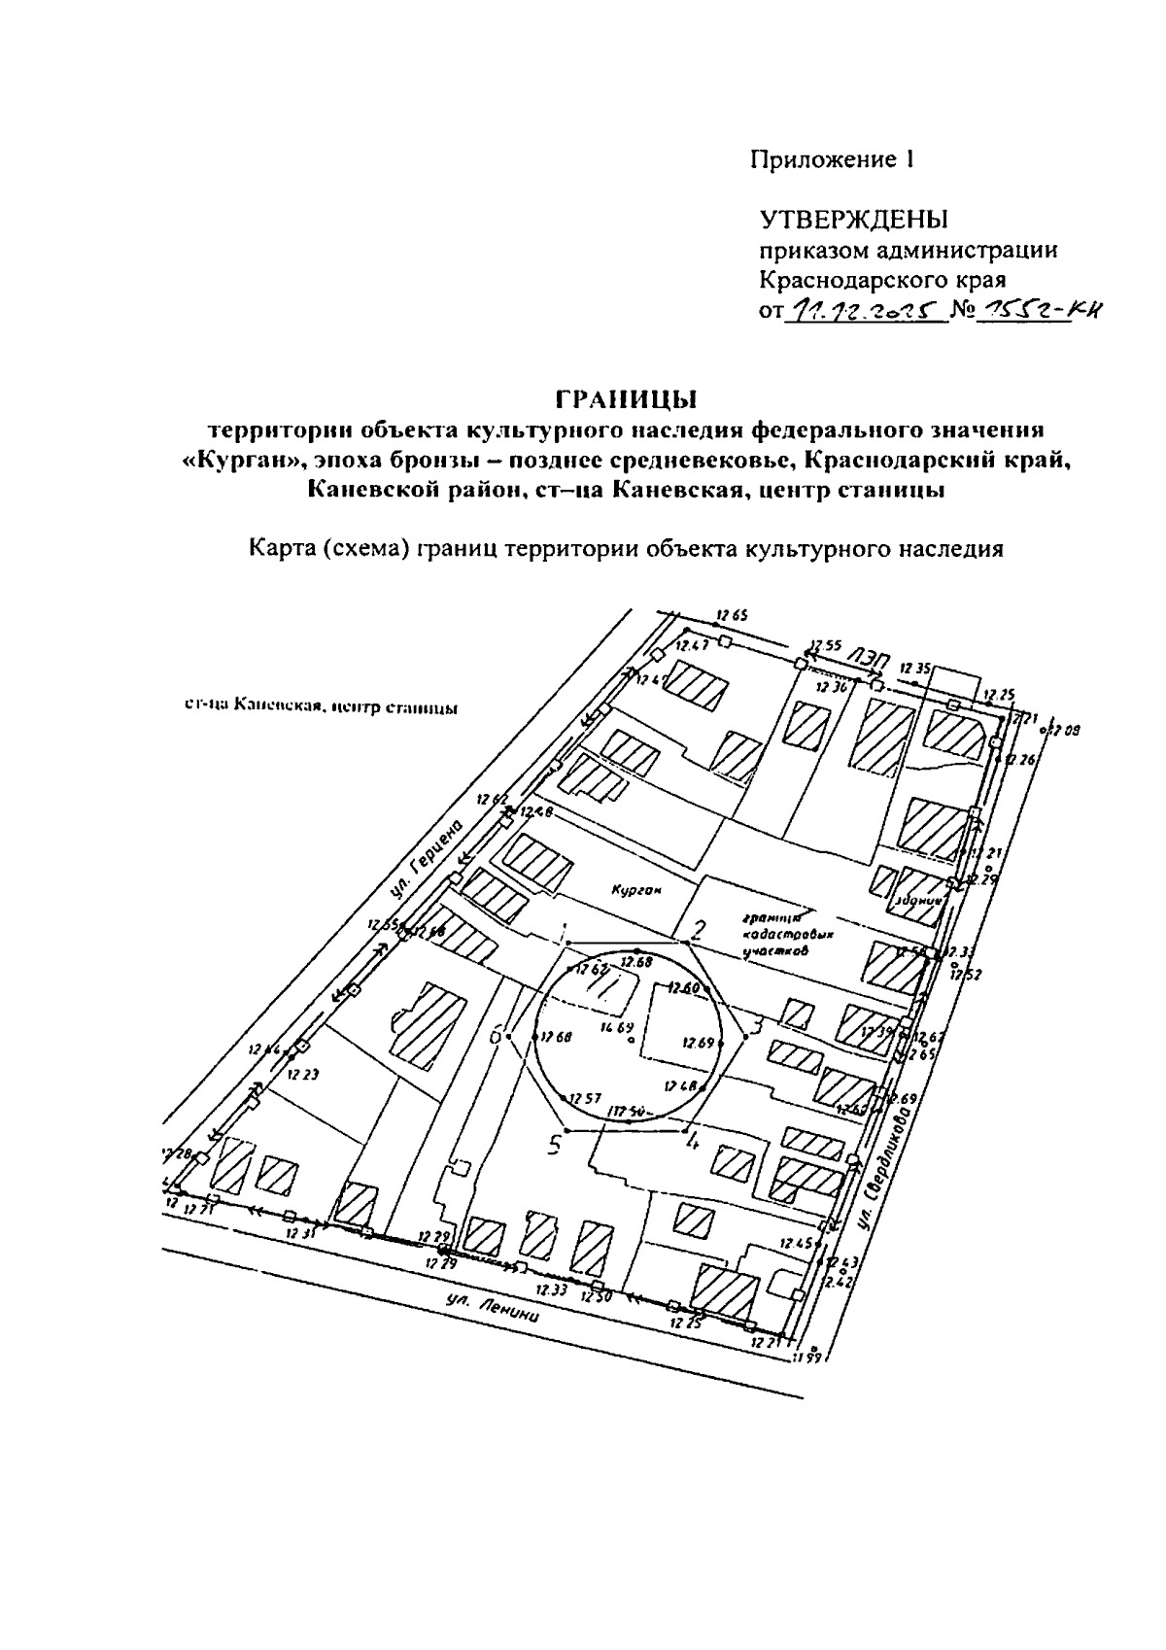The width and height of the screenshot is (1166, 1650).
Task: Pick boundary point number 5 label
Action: [554, 1146]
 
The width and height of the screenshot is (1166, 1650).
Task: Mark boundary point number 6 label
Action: [496, 1037]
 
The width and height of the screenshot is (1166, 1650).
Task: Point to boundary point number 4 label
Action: [693, 1142]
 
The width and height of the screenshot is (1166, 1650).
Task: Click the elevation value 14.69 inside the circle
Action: [617, 1026]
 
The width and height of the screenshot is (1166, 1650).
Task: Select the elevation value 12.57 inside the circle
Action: [585, 1098]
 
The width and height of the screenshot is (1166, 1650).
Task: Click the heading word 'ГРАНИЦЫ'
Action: [626, 399]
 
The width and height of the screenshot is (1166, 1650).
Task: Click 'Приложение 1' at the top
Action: [832, 159]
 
